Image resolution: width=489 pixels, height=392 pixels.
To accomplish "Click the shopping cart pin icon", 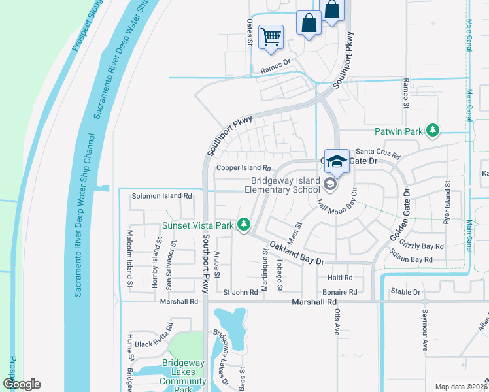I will pos(271,37).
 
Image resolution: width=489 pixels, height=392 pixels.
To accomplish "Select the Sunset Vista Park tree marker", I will pos(244,225).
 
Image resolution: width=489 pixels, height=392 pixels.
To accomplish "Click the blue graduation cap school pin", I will pos(337,162).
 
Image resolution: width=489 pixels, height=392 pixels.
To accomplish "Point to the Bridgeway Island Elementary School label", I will pos(288,186).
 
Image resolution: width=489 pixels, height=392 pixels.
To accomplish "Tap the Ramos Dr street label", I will pos(275,65).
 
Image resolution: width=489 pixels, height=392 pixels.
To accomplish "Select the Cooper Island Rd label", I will pos(243,168).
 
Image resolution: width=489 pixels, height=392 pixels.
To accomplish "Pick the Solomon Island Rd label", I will pos(162,195).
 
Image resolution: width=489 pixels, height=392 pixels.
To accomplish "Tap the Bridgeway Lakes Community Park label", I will pos(183,372).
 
